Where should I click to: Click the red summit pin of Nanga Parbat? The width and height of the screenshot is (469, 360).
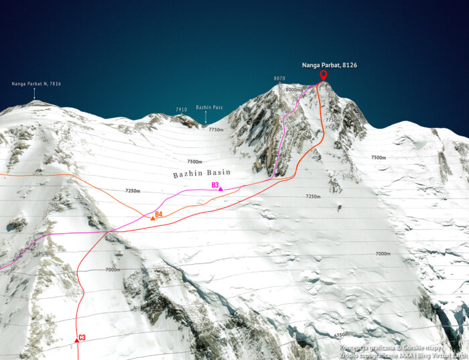(323, 75)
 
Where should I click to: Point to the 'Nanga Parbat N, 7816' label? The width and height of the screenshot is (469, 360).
(36, 84)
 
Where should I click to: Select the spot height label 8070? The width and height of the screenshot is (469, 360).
(279, 78)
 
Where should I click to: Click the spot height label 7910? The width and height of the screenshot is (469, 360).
(181, 109)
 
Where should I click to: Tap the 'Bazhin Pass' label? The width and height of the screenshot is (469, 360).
(209, 107)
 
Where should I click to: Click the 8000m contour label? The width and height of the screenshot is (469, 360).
(294, 90)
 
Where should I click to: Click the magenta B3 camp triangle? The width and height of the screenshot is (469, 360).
(220, 190)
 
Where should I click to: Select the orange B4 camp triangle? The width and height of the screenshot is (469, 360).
(153, 219)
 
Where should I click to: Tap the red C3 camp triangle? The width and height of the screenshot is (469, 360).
(77, 340)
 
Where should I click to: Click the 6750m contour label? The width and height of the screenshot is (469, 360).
(342, 335)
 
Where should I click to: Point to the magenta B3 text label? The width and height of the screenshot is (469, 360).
(215, 184)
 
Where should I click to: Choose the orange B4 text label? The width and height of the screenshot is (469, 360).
(159, 215)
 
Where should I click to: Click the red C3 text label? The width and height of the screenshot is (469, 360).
(82, 337)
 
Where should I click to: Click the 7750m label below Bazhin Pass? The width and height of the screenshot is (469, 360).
(216, 129)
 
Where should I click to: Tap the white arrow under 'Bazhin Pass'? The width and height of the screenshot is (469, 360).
(206, 119)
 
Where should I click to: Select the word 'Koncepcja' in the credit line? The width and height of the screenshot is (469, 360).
(355, 347)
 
